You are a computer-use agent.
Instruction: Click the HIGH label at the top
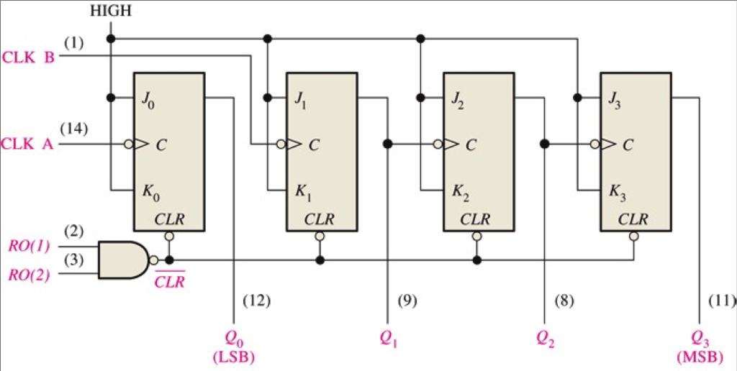pos(109,11)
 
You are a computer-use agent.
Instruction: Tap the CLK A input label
pos(29,143)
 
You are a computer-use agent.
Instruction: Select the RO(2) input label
pos(30,275)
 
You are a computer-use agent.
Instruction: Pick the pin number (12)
pos(256,301)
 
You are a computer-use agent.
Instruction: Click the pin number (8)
pos(564,301)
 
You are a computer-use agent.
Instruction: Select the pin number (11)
pos(720,301)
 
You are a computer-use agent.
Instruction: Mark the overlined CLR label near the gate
pos(170,281)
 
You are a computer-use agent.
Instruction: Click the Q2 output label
pos(545,337)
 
